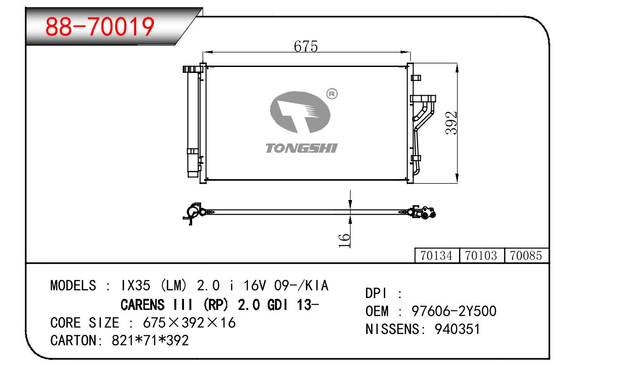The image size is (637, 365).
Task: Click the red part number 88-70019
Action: coord(101,27)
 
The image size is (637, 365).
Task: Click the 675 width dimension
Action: coord(306,46)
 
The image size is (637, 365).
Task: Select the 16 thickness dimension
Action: coord(345,240)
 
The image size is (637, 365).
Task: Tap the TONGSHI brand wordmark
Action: coord(301,148)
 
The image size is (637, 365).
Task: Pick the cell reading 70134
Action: coord(437,256)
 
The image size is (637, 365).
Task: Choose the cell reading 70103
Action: coord(481,256)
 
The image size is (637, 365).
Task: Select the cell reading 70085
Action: coord(526,256)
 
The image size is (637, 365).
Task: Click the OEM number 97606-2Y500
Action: coord(454,311)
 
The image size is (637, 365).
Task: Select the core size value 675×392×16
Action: coord(189,323)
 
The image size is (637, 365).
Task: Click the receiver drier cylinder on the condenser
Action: coord(193,123)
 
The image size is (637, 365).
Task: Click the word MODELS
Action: coord(73,286)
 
